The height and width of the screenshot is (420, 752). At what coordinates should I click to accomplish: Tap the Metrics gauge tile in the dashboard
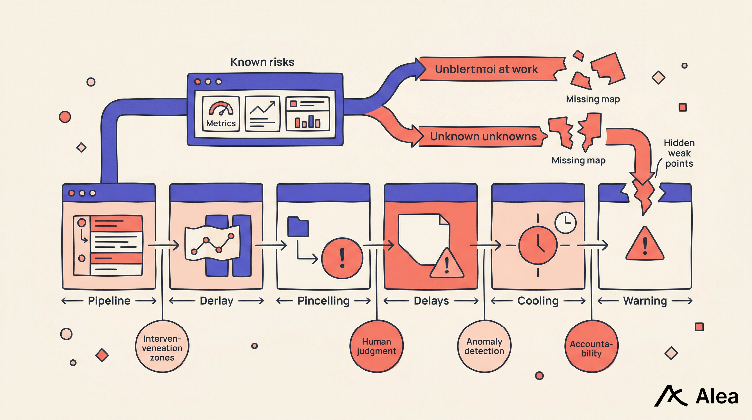click(x=221, y=114)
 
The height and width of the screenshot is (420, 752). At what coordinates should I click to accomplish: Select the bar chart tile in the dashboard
click(x=307, y=114)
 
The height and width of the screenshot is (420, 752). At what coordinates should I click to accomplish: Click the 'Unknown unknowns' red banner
click(x=483, y=136)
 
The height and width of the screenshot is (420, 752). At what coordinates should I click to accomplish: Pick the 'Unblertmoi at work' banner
click(x=486, y=69)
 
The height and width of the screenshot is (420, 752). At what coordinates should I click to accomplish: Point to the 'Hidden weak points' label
click(x=679, y=153)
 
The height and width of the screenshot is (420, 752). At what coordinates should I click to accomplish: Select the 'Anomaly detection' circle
click(x=484, y=346)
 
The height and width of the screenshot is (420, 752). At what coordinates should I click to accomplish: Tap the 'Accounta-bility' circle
click(x=591, y=346)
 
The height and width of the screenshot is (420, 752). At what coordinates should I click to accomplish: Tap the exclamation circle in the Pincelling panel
click(x=342, y=258)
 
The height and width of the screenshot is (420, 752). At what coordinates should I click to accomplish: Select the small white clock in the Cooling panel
click(x=565, y=223)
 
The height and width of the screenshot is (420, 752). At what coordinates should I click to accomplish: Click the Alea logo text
click(x=717, y=397)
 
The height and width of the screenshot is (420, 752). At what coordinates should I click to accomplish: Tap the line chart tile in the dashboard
click(x=262, y=114)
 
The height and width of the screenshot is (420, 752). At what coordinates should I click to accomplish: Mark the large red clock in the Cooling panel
click(x=538, y=245)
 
